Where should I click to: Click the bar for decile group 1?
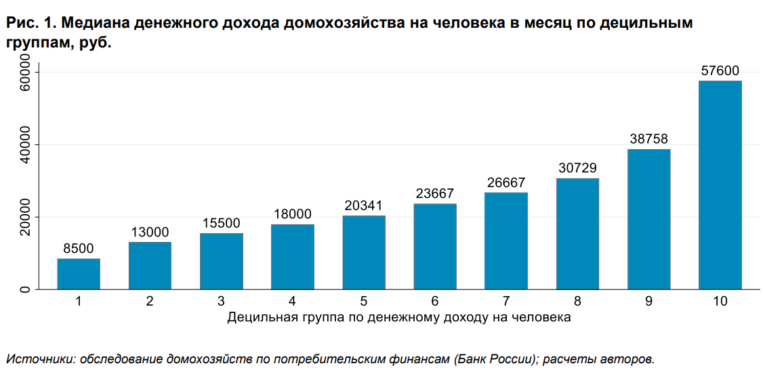coord(79,274)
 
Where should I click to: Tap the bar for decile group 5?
coord(364,252)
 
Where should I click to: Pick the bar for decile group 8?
coord(578,234)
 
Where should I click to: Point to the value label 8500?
coord(79,249)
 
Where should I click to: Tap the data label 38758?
coord(648,140)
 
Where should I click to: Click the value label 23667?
coord(435,194)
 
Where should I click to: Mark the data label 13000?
coord(150,232)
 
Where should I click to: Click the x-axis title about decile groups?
coord(399,316)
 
